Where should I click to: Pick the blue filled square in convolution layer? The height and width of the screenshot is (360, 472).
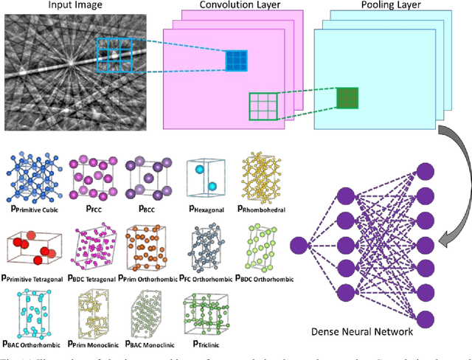(x=237, y=61)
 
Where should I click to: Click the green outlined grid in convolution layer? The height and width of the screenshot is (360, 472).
(x=263, y=105)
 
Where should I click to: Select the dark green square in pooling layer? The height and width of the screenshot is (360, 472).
(x=347, y=97)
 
